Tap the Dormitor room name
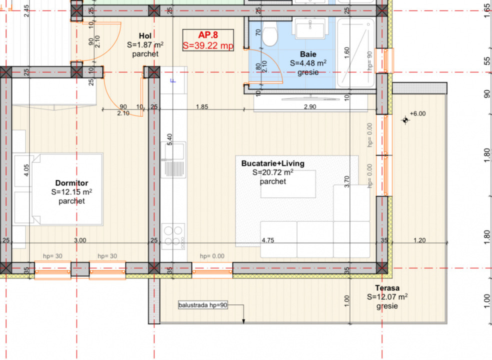[71, 183]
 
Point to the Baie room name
[308, 54]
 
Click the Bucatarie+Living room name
[272, 163]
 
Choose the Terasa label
[387, 288]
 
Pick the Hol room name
[145, 36]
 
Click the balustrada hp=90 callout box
[202, 304]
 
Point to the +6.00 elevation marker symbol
[405, 120]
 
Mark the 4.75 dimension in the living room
[268, 240]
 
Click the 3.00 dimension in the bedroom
[80, 240]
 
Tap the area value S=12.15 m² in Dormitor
[71, 192]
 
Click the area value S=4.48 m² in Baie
[308, 63]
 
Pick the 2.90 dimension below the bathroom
[310, 107]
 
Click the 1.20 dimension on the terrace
[419, 240]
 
